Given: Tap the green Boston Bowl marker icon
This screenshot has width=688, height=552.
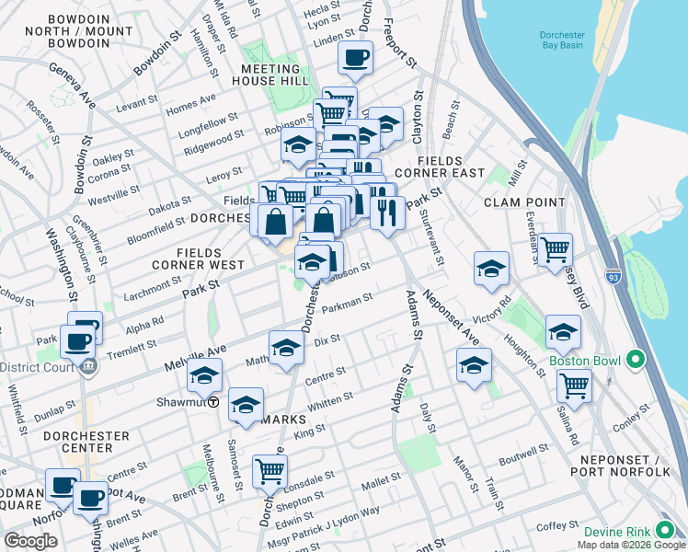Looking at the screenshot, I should [x=634, y=362].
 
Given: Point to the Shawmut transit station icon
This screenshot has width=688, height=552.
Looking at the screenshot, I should [x=213, y=402].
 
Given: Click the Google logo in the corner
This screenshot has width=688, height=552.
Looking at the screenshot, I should [x=30, y=541].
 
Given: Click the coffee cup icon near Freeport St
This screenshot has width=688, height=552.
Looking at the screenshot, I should [x=355, y=59].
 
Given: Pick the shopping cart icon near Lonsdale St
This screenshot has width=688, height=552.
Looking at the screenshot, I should [x=270, y=470].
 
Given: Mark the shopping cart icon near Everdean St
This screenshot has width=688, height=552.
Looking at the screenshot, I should [x=556, y=249].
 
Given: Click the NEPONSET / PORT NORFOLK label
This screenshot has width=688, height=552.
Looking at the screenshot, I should [x=626, y=465].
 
